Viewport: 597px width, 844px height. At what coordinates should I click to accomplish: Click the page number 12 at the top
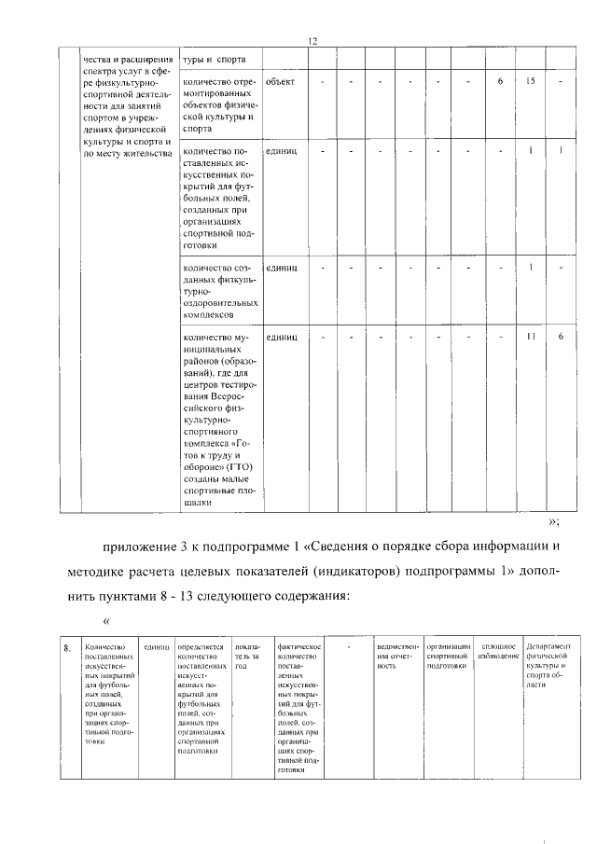313,40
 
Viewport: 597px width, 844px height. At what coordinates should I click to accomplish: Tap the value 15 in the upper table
530,82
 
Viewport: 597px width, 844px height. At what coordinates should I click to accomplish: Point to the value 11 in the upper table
530,336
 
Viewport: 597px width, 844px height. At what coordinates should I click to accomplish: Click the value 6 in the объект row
500,82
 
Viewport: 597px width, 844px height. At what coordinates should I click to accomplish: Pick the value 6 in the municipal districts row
561,336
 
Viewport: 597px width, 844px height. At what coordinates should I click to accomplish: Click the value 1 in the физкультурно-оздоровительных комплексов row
530,268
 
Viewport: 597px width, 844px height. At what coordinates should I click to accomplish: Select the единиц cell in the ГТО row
281,337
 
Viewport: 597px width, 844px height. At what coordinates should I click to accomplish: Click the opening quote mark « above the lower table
106,621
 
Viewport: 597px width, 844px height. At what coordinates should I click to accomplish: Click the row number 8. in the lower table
65,646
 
